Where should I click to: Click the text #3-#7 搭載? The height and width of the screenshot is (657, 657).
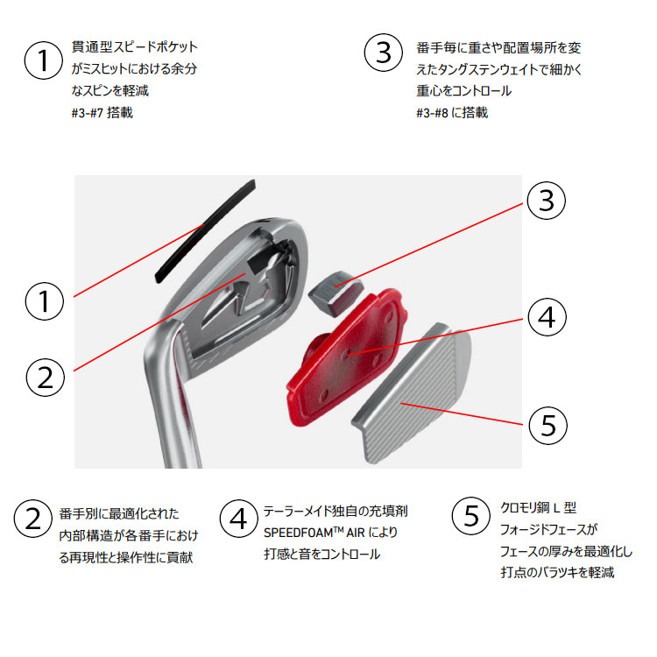[x=102, y=112]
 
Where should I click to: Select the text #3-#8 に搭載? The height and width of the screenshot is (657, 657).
[x=452, y=112]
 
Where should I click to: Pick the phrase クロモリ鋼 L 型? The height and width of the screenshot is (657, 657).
[x=539, y=508]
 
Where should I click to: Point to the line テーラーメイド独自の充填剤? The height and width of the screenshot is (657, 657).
[x=336, y=510]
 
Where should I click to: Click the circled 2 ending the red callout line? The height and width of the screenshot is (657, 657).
[x=46, y=377]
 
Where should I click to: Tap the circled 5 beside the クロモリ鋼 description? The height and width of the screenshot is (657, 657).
[x=470, y=517]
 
